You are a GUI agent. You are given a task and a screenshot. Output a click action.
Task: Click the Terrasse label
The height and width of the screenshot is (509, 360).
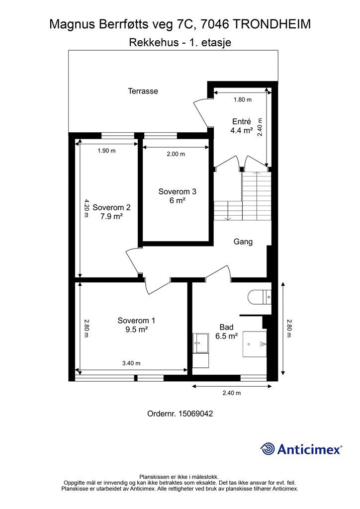click(x=143, y=91)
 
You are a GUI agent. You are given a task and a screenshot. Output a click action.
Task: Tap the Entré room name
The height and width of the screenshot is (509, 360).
click(x=242, y=121)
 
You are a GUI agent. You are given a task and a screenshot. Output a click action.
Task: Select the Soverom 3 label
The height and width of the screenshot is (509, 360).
click(x=177, y=191)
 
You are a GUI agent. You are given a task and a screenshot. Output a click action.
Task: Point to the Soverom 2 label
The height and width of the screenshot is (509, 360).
click(x=111, y=207)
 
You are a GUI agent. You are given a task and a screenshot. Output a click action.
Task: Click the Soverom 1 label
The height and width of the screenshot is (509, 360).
click(x=136, y=321)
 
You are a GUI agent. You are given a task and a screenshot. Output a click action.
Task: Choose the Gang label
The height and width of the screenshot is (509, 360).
click(x=243, y=242)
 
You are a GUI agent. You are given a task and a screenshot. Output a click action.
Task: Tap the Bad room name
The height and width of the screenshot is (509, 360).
click(x=227, y=327)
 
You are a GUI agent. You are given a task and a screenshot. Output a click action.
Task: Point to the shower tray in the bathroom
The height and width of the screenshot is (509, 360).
click(x=255, y=344)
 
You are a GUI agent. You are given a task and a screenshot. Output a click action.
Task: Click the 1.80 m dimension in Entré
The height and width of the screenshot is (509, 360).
click(x=243, y=99)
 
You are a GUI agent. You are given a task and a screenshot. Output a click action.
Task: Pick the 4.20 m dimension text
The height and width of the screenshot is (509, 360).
click(x=86, y=208)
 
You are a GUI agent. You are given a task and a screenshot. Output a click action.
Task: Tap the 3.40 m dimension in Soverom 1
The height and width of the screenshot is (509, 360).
click(x=131, y=363)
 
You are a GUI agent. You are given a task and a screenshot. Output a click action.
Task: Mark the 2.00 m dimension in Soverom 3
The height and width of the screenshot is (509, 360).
click(x=176, y=154)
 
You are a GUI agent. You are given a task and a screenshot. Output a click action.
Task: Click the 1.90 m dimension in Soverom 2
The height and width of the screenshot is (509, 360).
click(x=107, y=151)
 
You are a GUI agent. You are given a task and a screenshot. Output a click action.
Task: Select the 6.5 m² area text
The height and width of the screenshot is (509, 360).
click(x=227, y=336)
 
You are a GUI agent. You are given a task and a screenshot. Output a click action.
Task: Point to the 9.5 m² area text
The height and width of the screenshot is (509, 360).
click(x=137, y=330)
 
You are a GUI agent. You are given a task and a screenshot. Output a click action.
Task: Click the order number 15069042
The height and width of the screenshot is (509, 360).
click(x=196, y=414)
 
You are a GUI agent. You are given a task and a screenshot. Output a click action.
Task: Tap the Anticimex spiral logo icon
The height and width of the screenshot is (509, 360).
click(x=268, y=449)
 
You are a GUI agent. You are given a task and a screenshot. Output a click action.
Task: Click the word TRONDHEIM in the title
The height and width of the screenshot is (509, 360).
click(x=271, y=24)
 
